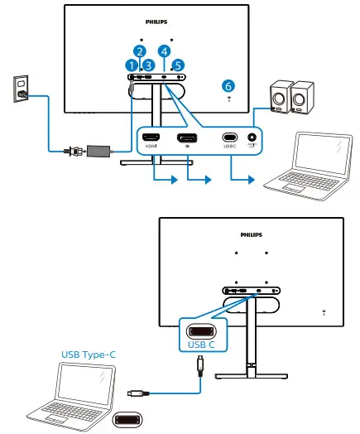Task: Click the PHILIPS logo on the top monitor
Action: [156, 12]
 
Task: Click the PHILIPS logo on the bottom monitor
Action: [252, 234]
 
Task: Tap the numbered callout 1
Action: [131, 64]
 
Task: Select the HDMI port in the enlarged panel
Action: [151, 137]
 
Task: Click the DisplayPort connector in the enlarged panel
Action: [188, 137]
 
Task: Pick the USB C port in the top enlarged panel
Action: [229, 137]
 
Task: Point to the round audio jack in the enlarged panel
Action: [250, 137]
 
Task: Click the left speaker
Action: [280, 97]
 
